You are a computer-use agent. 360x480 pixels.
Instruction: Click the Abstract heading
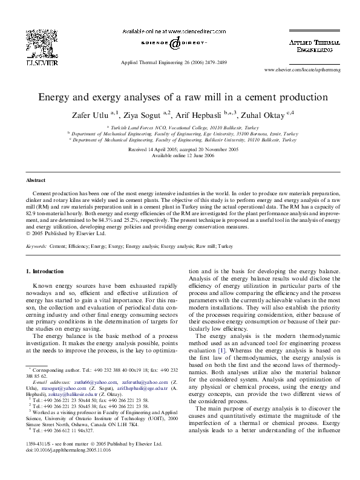click(x=36, y=181)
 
